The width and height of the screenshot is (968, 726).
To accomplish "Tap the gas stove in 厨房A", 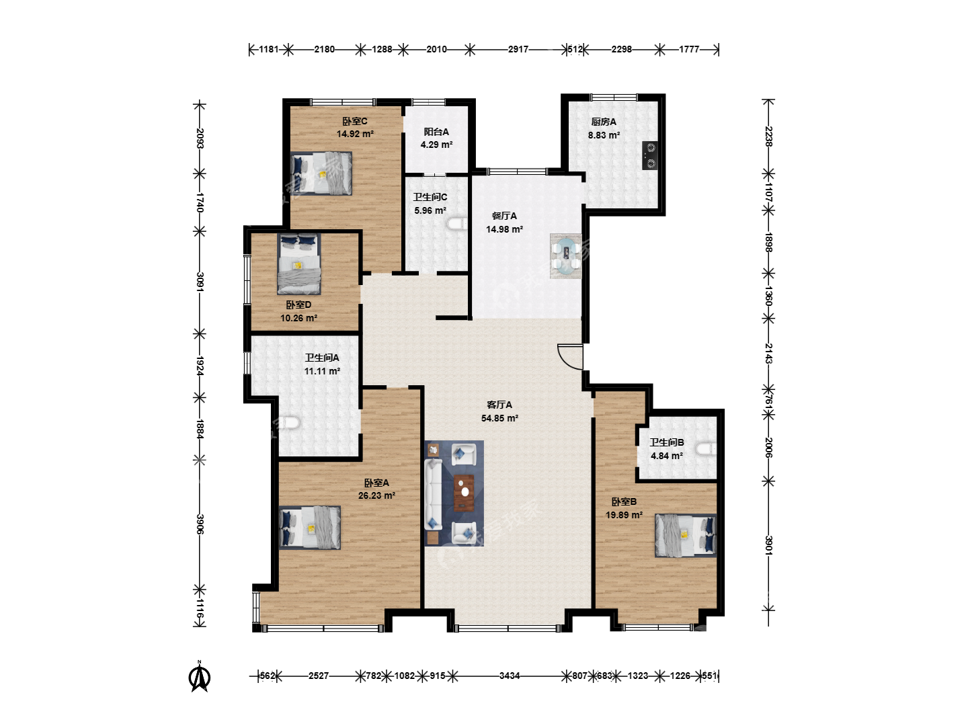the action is pos(649,155).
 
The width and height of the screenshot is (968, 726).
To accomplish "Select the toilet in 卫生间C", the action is pos(457,224).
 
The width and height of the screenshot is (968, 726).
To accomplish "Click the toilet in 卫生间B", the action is pos(706,449).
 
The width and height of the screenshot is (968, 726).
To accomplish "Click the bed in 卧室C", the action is pos(321,173).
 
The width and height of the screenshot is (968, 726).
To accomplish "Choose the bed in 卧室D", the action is pos(298,264).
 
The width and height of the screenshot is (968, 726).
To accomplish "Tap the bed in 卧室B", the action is pos(685,535).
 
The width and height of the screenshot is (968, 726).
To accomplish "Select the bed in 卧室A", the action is pos(310,527).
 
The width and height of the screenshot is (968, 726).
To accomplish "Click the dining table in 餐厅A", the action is pos(566,255).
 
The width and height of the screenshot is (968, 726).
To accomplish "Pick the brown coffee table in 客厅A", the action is pos(464,493).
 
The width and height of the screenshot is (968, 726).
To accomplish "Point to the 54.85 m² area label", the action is pos(499,418).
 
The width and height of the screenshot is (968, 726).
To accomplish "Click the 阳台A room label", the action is pos(436,132).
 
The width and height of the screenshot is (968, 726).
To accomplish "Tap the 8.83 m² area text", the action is pos(604,135).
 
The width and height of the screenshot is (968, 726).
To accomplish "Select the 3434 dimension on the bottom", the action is pos(510,676).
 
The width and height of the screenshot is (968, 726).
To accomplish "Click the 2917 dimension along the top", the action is pos(518,49).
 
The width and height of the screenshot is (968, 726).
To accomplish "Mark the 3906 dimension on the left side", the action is pos(200,524).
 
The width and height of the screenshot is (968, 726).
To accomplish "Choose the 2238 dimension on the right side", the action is pos(768,136).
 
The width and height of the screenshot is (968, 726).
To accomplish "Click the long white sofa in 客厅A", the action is pos(433,494).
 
